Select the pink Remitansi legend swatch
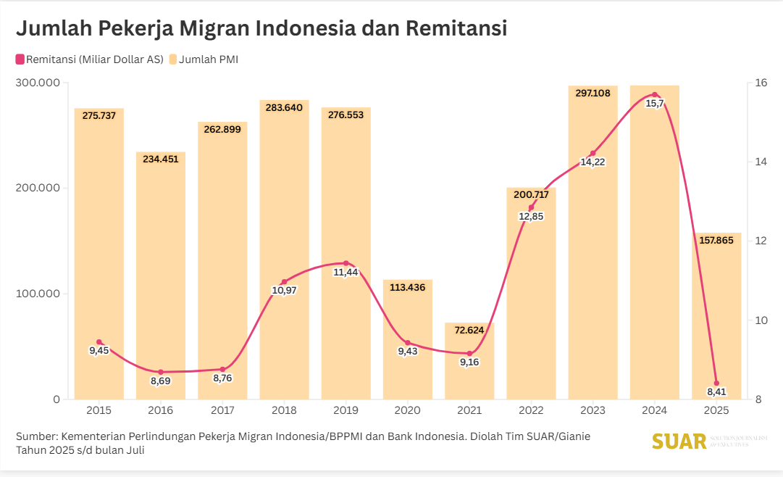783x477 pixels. [20, 59]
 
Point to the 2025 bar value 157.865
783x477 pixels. [716, 240]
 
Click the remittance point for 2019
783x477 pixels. [346, 263]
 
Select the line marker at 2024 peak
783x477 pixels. [655, 95]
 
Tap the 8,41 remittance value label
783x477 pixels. [716, 392]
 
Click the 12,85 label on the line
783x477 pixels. [531, 216]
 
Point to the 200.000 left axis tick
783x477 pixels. [37, 188]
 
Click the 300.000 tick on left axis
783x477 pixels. [37, 83]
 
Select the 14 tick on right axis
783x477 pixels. [761, 162]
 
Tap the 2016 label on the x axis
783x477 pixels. [160, 410]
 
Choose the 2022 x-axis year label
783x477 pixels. [531, 410]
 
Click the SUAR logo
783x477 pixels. [679, 441]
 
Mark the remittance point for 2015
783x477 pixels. [99, 342]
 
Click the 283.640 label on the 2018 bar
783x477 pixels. [284, 107]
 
